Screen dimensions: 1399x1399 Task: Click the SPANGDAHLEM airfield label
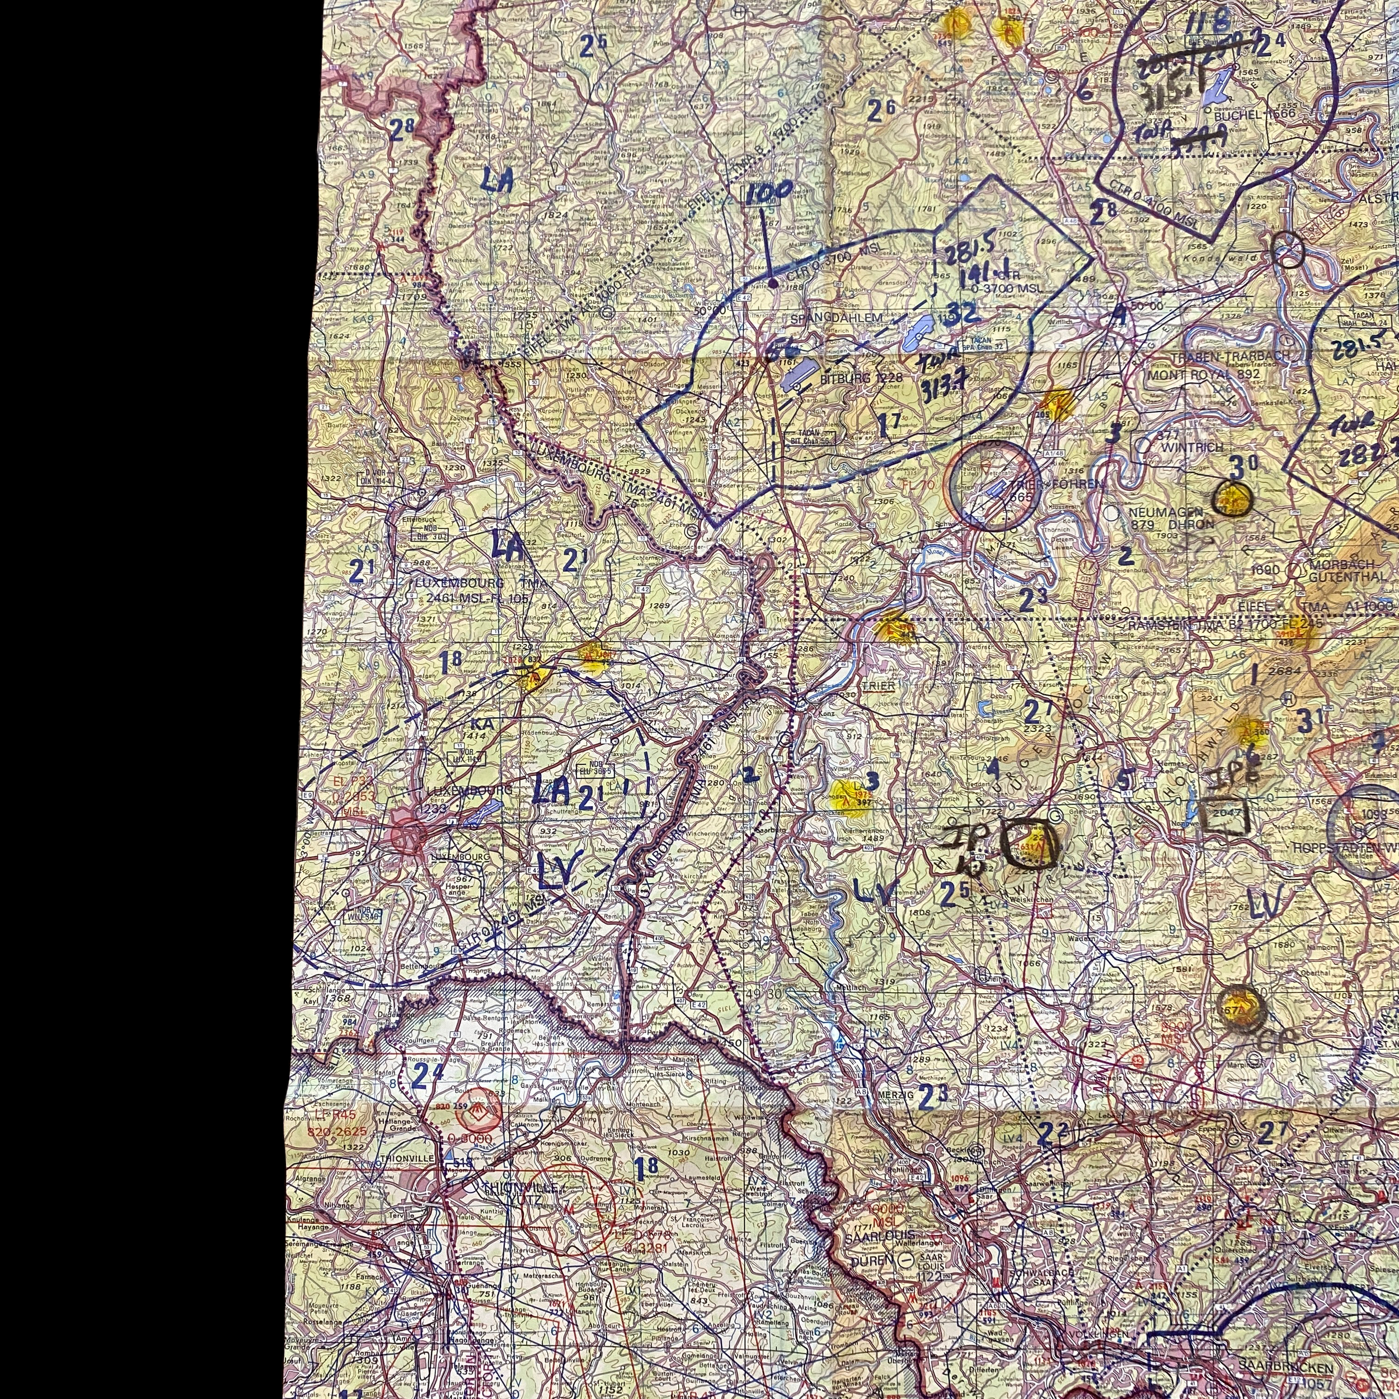(837, 318)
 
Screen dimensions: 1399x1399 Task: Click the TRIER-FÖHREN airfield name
(1067, 483)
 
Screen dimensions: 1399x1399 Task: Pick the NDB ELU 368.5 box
(595, 769)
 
